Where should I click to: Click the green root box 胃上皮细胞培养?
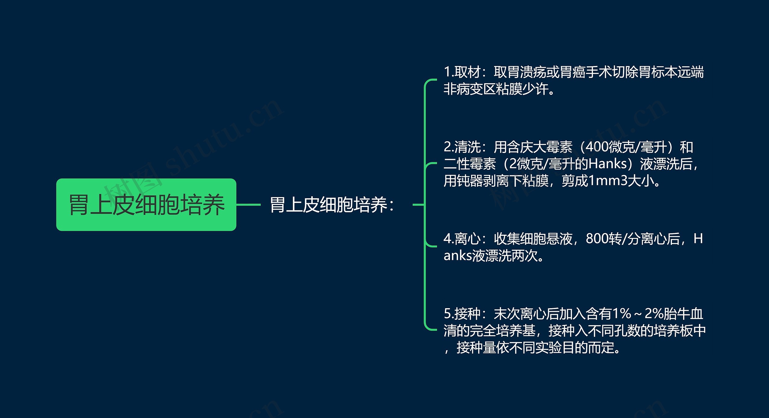click(x=146, y=205)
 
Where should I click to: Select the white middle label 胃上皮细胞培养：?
click(x=332, y=205)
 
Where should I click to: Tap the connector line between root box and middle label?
click(x=248, y=205)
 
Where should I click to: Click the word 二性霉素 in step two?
click(x=470, y=164)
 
